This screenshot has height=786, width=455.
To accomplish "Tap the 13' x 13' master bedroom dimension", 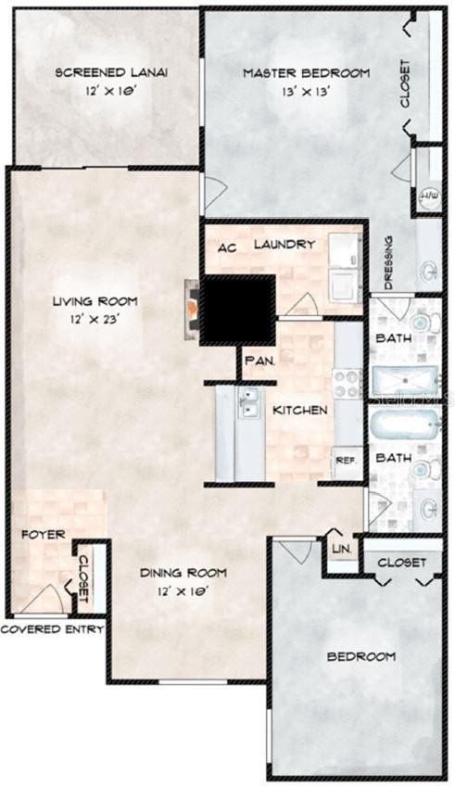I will point(305,92).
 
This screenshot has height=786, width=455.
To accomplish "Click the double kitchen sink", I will point(247,403).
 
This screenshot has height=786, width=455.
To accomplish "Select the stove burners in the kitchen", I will point(347,383).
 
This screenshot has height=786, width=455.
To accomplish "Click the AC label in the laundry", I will point(228,247).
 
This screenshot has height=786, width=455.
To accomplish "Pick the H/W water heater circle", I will point(429,196).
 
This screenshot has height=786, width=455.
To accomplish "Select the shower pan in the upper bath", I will point(404,379).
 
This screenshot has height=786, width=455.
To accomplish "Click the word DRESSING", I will point(388,262).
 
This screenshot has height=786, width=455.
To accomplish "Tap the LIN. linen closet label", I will point(340,549).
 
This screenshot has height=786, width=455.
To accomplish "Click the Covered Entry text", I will point(52,629).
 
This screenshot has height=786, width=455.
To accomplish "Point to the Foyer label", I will point(43,535).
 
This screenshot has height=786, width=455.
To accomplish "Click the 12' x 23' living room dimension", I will point(95,318).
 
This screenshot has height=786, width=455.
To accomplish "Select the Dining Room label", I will point(183,573).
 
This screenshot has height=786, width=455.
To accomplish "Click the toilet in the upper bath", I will point(421,323).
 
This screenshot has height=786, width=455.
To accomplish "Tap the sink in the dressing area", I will point(429,272).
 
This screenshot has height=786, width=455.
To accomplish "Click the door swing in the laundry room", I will point(302,305).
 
